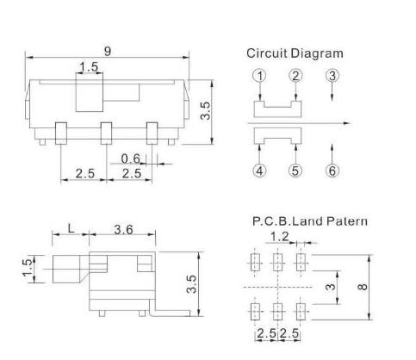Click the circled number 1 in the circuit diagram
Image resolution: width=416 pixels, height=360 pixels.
tap(259, 76)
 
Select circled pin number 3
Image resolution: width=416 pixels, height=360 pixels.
tap(332, 76)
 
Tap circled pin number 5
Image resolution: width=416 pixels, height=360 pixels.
tap(295, 171)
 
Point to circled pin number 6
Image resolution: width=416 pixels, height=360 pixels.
tap(332, 171)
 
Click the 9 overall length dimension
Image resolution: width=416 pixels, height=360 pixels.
tap(108, 52)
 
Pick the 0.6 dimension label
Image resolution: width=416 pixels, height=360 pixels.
tap(131, 158)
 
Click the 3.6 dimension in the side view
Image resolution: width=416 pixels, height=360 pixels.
tap(123, 230)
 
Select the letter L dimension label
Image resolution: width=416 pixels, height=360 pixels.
tap(71, 229)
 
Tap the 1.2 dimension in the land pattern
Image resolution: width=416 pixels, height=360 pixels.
tap(279, 237)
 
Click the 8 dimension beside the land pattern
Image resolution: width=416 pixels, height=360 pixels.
tap(363, 287)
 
